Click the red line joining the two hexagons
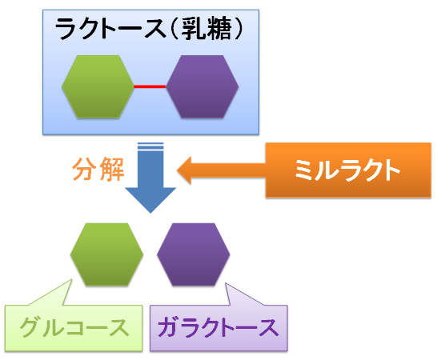click(x=150, y=86)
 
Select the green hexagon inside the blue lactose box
click(x=98, y=87)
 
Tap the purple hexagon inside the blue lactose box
click(x=202, y=87)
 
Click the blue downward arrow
click(x=150, y=178)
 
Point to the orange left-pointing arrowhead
click(x=184, y=170)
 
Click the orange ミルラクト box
click(x=348, y=170)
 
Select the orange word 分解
click(x=98, y=170)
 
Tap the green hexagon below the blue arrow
click(x=106, y=254)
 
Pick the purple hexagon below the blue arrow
click(x=194, y=254)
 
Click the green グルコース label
click(x=74, y=328)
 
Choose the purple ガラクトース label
click(x=218, y=328)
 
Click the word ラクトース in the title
click(x=110, y=29)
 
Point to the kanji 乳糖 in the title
click(x=206, y=29)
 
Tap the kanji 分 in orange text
click(x=84, y=170)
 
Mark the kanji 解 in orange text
click(x=112, y=170)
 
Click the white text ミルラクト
click(x=347, y=170)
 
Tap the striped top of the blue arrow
click(x=150, y=146)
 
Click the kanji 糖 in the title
click(x=219, y=29)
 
